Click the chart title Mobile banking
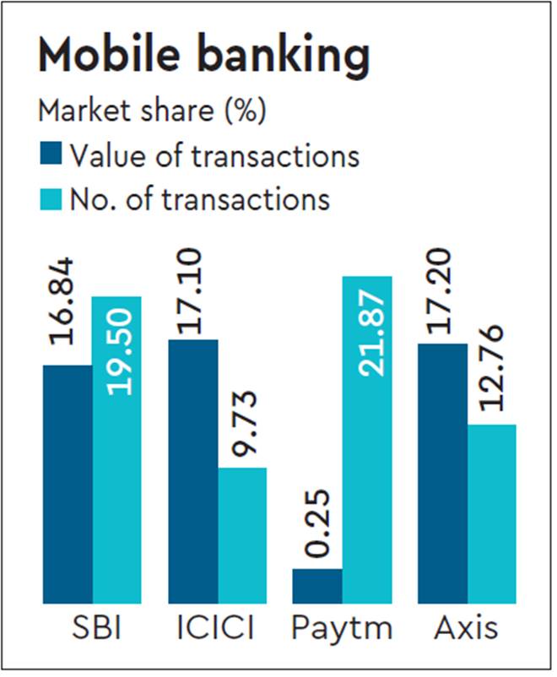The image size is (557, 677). pyautogui.click(x=203, y=56)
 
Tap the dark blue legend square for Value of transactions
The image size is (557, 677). pyautogui.click(x=50, y=155)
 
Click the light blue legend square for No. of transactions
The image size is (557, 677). pyautogui.click(x=50, y=199)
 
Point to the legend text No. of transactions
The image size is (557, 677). pyautogui.click(x=199, y=199)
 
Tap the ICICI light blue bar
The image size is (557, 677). pyautogui.click(x=242, y=535)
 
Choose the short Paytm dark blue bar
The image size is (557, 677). pyautogui.click(x=317, y=586)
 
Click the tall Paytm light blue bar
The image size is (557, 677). pyautogui.click(x=367, y=439)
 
